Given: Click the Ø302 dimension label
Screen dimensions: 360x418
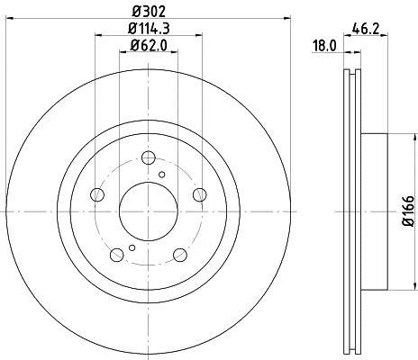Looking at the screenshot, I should pyautogui.click(x=147, y=12).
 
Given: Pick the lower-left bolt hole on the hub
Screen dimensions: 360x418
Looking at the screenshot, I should pyautogui.click(x=117, y=253).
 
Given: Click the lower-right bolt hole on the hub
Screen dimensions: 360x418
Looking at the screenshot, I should pyautogui.click(x=177, y=253).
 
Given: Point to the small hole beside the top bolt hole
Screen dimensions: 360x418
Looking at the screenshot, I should pyautogui.click(x=162, y=175).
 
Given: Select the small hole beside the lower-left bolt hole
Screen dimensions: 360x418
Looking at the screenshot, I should pyautogui.click(x=132, y=247).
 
